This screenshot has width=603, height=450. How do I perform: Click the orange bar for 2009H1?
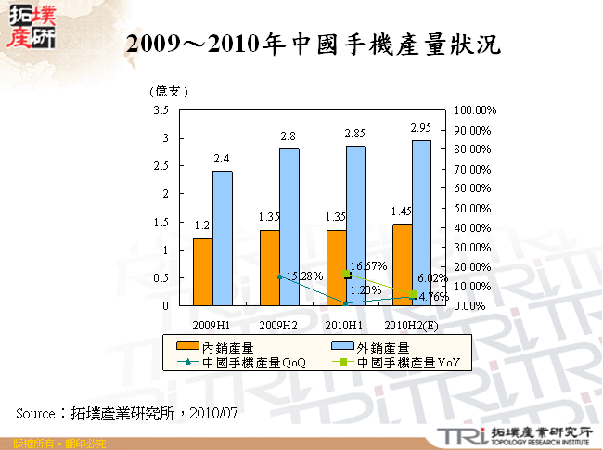pos(202,272)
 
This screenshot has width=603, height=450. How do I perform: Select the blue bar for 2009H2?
pos(289,226)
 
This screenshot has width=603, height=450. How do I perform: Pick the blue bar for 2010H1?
pos(355,225)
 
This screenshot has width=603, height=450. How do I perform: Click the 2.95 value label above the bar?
pos(421,127)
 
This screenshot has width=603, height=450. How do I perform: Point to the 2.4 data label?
pos(222,159)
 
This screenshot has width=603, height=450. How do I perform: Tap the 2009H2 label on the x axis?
pos(278,326)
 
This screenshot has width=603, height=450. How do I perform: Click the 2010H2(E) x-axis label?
pos(412,326)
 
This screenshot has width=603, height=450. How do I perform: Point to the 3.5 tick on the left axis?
pos(160,110)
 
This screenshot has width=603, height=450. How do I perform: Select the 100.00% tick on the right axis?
pos(477,110)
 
